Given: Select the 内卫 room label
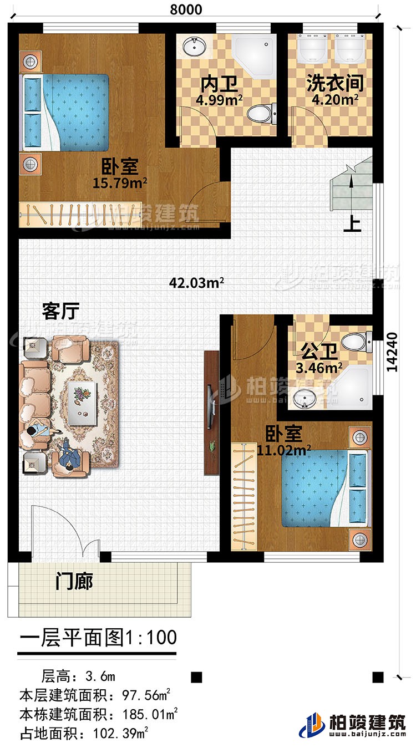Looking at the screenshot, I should tap(219, 84).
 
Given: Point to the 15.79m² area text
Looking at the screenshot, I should tap(123, 181).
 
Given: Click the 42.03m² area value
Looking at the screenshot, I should tap(197, 283).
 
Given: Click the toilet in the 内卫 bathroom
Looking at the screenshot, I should tap(259, 115).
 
